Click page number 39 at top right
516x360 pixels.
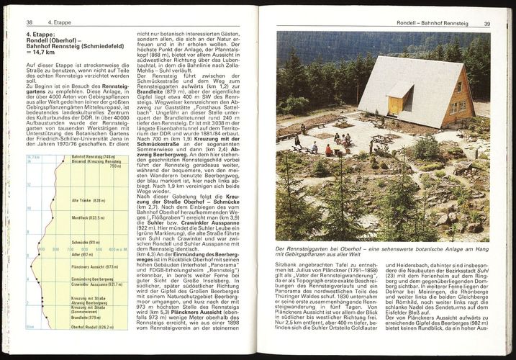click(487, 24)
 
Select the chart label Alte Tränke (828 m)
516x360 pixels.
click(89, 200)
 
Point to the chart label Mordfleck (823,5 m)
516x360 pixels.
click(89, 217)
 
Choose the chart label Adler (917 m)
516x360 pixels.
click(81, 254)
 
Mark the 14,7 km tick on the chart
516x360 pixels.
click(32, 156)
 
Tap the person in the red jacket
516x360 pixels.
click(329, 150)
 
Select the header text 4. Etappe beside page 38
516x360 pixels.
click(59, 23)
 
